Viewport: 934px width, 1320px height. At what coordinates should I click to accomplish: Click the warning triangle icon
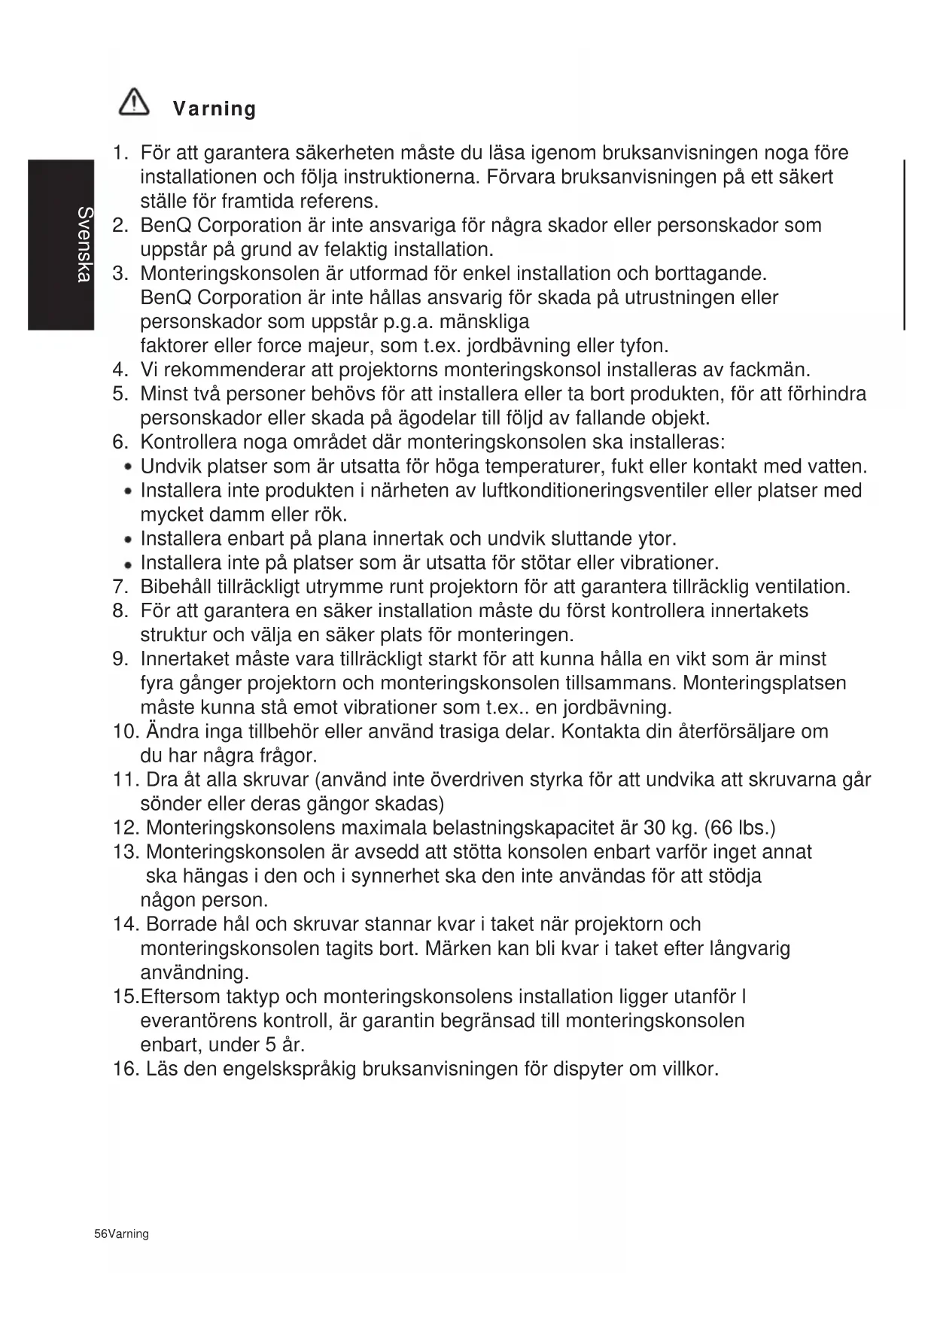tap(134, 102)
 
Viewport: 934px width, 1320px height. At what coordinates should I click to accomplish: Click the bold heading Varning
tap(214, 109)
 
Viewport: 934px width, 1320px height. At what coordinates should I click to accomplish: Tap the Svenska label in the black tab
tap(84, 245)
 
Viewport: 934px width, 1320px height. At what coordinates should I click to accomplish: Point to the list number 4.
tap(120, 370)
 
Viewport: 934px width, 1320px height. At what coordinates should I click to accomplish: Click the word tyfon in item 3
tap(643, 346)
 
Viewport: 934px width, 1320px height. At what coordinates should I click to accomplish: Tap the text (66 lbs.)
tap(740, 828)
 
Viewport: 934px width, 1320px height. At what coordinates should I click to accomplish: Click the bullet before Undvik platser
tap(129, 467)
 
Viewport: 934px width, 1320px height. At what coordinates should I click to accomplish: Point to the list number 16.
tap(125, 1069)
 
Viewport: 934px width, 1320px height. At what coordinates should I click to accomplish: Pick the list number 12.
tap(125, 828)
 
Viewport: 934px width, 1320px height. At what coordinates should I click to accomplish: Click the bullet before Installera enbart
tap(129, 540)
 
